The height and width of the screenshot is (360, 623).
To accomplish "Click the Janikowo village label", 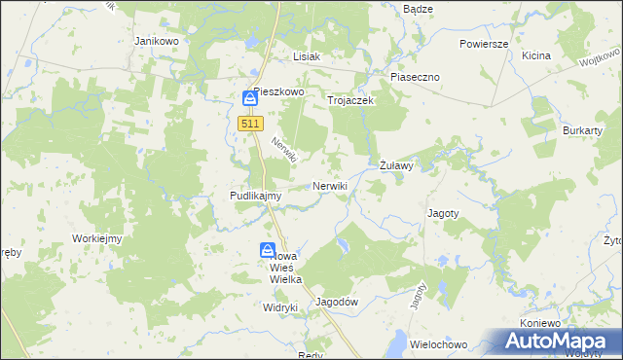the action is click(156, 42).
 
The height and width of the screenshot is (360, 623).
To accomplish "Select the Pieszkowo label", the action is click(280, 91).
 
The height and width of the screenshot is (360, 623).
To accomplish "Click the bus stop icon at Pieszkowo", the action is click(250, 98).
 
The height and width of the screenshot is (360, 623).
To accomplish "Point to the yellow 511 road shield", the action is click(250, 124).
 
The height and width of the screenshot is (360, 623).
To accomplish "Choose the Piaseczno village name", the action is click(416, 76).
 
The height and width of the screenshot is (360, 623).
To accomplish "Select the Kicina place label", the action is click(535, 55).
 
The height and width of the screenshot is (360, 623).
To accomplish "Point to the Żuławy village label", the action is click(396, 165).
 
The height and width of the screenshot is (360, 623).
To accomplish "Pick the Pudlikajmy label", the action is click(255, 196).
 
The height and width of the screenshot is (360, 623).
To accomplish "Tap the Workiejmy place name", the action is click(95, 238).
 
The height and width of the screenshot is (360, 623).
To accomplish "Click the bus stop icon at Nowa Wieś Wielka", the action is click(268, 250).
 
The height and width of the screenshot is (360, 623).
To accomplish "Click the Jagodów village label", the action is click(338, 302).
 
